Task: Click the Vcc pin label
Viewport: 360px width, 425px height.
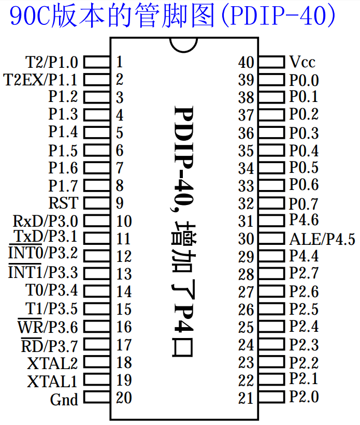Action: (302, 62)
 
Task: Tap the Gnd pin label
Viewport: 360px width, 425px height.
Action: (64, 400)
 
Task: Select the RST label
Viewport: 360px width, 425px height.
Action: (63, 202)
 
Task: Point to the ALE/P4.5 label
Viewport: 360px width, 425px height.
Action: (322, 239)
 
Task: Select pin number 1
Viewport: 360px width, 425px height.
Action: (119, 62)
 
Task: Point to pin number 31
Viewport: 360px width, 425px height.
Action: (246, 221)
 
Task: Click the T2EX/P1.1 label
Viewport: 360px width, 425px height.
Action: (40, 80)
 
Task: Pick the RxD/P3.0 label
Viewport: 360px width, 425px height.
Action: (45, 221)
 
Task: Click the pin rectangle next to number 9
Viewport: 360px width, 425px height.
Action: (96, 202)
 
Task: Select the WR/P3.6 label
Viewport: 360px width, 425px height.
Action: (48, 327)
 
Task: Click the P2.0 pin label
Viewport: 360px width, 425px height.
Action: (304, 397)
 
